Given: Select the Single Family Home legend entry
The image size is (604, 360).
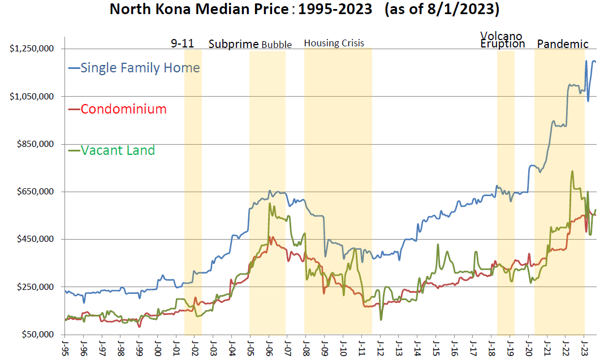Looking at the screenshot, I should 140,68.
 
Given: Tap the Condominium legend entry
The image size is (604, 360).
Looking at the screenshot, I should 123,109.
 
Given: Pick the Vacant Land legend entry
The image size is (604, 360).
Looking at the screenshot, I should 118,150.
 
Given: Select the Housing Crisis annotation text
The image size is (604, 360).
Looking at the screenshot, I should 334,43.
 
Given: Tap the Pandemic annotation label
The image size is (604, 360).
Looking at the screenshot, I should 562,44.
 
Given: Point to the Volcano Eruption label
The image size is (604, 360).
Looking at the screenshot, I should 502,40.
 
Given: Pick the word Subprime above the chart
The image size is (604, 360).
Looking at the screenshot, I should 234,44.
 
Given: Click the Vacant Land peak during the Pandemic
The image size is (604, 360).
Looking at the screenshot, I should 572,171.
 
